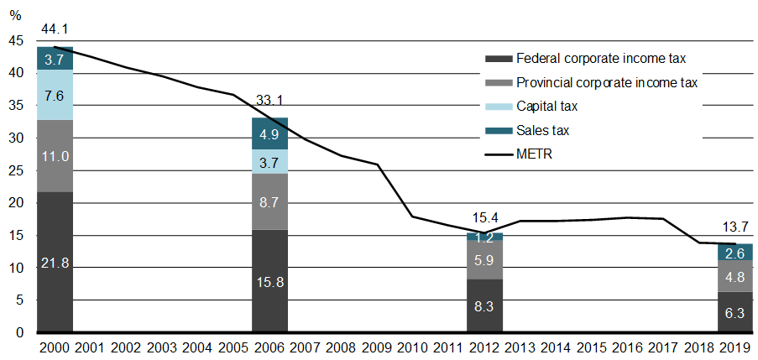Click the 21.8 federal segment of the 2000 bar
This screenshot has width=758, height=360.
(55, 262)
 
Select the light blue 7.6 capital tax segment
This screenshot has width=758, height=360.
(55, 95)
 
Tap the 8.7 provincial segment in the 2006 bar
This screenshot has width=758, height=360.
(270, 201)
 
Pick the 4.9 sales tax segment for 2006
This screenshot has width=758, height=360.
(270, 133)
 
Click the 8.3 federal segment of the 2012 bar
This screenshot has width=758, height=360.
(485, 305)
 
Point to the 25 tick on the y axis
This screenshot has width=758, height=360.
(17, 171)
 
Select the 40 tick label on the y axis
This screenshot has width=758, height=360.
(17, 74)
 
